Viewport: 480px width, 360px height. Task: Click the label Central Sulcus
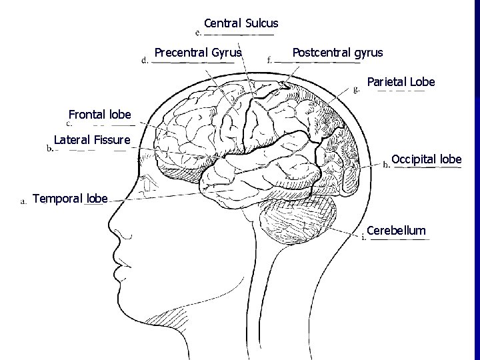pos(241,24)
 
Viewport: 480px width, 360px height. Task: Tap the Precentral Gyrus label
pos(198,52)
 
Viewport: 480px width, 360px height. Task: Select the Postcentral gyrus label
pos(337,52)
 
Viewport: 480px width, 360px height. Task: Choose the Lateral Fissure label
pos(92,140)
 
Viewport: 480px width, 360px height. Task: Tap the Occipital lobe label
pos(426,159)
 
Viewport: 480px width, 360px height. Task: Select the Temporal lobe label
pos(69,198)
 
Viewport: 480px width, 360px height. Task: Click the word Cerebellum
pos(396,231)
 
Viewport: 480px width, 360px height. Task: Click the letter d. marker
pos(145,59)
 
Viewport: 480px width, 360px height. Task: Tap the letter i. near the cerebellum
pos(363,239)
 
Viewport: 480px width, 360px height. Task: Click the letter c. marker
pos(69,123)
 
